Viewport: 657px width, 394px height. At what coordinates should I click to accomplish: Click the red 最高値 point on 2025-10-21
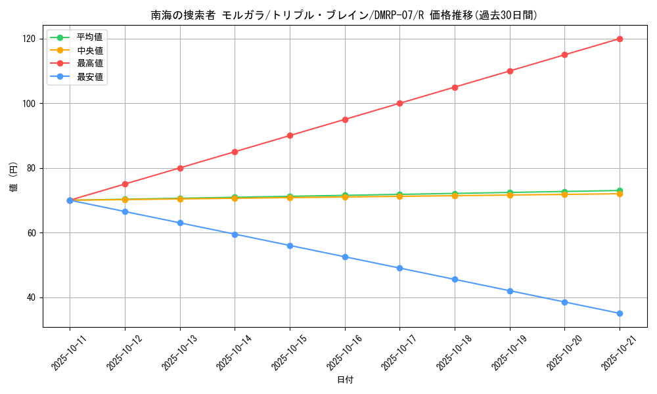(x=620, y=39)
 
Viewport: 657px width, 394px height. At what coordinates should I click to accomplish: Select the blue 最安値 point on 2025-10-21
(x=620, y=313)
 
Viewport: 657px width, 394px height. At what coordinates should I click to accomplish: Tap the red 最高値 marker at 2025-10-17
(x=399, y=103)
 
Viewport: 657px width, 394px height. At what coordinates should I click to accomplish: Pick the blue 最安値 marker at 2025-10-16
(x=345, y=257)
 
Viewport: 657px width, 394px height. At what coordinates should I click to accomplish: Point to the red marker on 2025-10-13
(x=180, y=168)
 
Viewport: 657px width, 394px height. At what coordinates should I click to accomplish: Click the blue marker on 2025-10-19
(x=510, y=291)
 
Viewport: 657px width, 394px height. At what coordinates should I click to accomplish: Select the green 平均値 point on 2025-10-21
(x=620, y=190)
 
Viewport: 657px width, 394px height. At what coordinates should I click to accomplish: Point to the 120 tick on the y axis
(x=31, y=39)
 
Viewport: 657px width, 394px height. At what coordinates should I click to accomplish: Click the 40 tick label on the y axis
(x=33, y=297)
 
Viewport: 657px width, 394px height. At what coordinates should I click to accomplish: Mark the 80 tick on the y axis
(x=33, y=168)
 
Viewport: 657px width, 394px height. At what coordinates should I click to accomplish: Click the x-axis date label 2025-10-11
(x=64, y=351)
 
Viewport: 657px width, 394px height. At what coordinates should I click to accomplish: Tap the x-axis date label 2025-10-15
(x=284, y=351)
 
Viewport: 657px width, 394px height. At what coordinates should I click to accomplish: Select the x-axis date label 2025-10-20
(x=560, y=351)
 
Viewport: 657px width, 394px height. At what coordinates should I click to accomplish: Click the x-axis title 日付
(x=345, y=380)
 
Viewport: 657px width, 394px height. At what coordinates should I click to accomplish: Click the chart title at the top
(x=344, y=15)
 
